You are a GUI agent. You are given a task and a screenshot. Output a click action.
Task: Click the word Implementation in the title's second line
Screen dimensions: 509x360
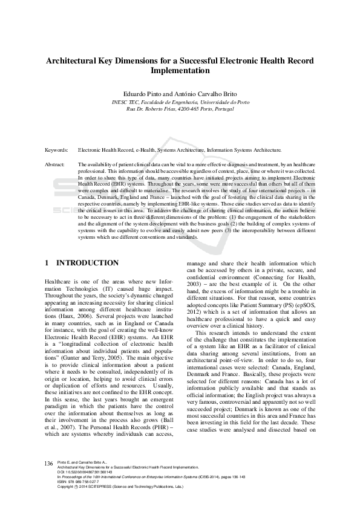click(x=180, y=70)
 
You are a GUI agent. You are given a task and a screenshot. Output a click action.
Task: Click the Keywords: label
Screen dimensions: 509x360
click(x=57, y=149)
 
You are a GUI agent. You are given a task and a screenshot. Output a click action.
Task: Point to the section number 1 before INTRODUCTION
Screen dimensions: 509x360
click(x=47, y=263)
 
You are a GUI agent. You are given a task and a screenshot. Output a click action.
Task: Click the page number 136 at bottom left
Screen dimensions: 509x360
click(x=49, y=479)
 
